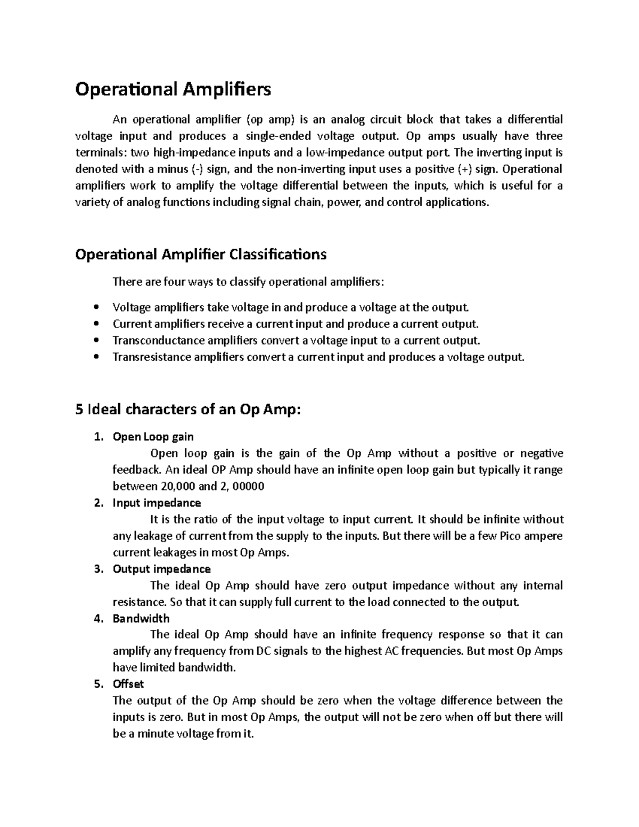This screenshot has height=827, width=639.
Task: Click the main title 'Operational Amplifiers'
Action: tap(173, 89)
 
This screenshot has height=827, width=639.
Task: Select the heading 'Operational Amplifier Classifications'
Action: tap(201, 255)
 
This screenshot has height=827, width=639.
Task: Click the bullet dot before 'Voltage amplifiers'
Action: tap(96, 307)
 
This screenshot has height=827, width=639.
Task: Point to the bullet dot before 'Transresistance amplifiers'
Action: tap(96, 357)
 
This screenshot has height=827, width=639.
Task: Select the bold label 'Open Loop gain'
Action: tap(153, 437)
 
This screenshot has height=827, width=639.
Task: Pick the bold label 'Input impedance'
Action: tap(157, 503)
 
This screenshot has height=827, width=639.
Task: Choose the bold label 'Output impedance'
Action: tap(161, 569)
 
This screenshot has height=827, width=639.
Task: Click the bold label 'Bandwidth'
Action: tap(141, 618)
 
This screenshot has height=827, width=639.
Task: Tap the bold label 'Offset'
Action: tap(128, 684)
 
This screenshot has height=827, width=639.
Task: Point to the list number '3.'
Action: tap(98, 569)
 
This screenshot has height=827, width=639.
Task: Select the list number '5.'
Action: tap(98, 684)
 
